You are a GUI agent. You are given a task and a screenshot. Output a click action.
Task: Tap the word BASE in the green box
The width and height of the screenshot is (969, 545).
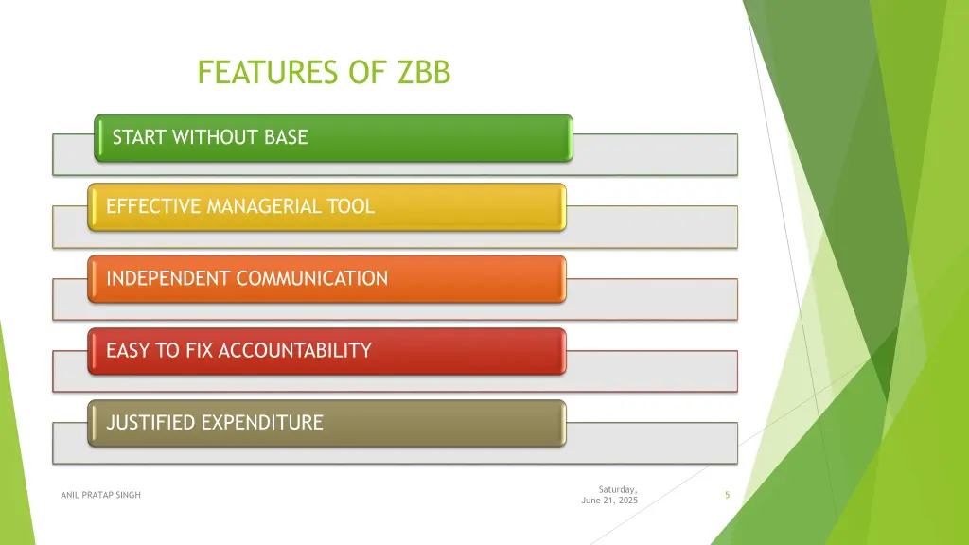click(x=286, y=137)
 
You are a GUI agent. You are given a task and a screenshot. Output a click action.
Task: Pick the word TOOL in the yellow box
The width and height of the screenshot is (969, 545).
click(x=351, y=206)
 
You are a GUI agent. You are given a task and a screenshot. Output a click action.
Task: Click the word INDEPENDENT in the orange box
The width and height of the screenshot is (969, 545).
click(x=168, y=278)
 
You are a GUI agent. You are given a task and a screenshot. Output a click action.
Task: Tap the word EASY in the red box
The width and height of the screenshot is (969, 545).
click(x=129, y=351)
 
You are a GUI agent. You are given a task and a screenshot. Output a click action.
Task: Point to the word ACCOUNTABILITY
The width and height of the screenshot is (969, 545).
click(x=294, y=351)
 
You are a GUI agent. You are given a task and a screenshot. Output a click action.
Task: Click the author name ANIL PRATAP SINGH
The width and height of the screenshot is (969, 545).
click(x=99, y=495)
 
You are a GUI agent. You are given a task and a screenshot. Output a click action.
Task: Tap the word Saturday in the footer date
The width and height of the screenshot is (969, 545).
click(x=617, y=489)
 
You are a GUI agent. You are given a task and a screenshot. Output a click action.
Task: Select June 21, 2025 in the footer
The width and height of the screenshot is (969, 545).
click(x=609, y=501)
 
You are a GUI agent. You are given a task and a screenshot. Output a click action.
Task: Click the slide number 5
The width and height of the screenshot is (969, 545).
click(x=727, y=495)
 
